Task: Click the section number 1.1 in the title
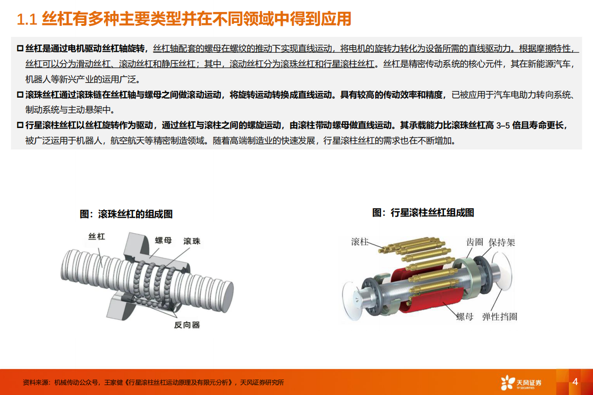(x=27, y=19)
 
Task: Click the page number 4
(x=575, y=382)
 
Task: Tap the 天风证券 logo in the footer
(x=521, y=383)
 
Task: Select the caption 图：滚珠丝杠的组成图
(x=126, y=214)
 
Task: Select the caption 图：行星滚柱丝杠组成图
(x=423, y=213)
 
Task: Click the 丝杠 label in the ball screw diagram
(x=97, y=237)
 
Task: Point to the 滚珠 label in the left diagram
(x=192, y=241)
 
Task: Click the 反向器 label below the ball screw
(x=187, y=325)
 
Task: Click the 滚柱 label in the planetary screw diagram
(x=360, y=242)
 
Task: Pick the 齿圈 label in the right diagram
(x=474, y=242)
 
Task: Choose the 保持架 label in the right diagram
(x=502, y=242)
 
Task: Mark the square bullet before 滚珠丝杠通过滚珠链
(x=20, y=95)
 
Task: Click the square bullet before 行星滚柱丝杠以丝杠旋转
(x=20, y=126)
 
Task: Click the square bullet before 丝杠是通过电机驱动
(x=20, y=48)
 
